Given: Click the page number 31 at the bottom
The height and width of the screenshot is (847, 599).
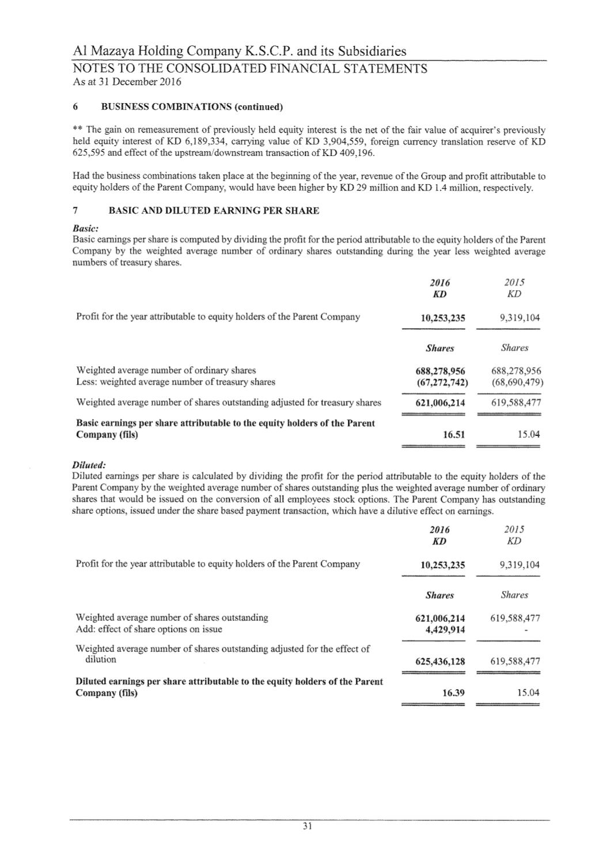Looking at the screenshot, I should [307, 827].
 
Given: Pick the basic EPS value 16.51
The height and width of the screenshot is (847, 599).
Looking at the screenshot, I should [453, 435].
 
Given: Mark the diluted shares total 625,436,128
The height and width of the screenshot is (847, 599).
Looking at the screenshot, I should [440, 662].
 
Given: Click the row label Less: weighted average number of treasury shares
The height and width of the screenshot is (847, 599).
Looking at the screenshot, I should [176, 382].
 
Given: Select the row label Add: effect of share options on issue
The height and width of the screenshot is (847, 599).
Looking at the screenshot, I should [149, 629].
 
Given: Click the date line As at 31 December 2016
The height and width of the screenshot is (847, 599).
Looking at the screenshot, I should [127, 82].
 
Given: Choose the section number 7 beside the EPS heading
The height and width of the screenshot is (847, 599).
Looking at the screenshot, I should [76, 211].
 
